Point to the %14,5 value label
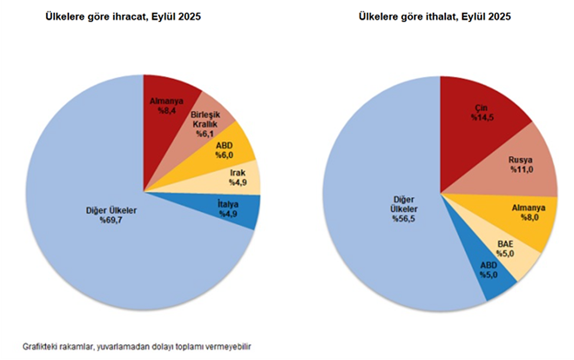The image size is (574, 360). [482, 118]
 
